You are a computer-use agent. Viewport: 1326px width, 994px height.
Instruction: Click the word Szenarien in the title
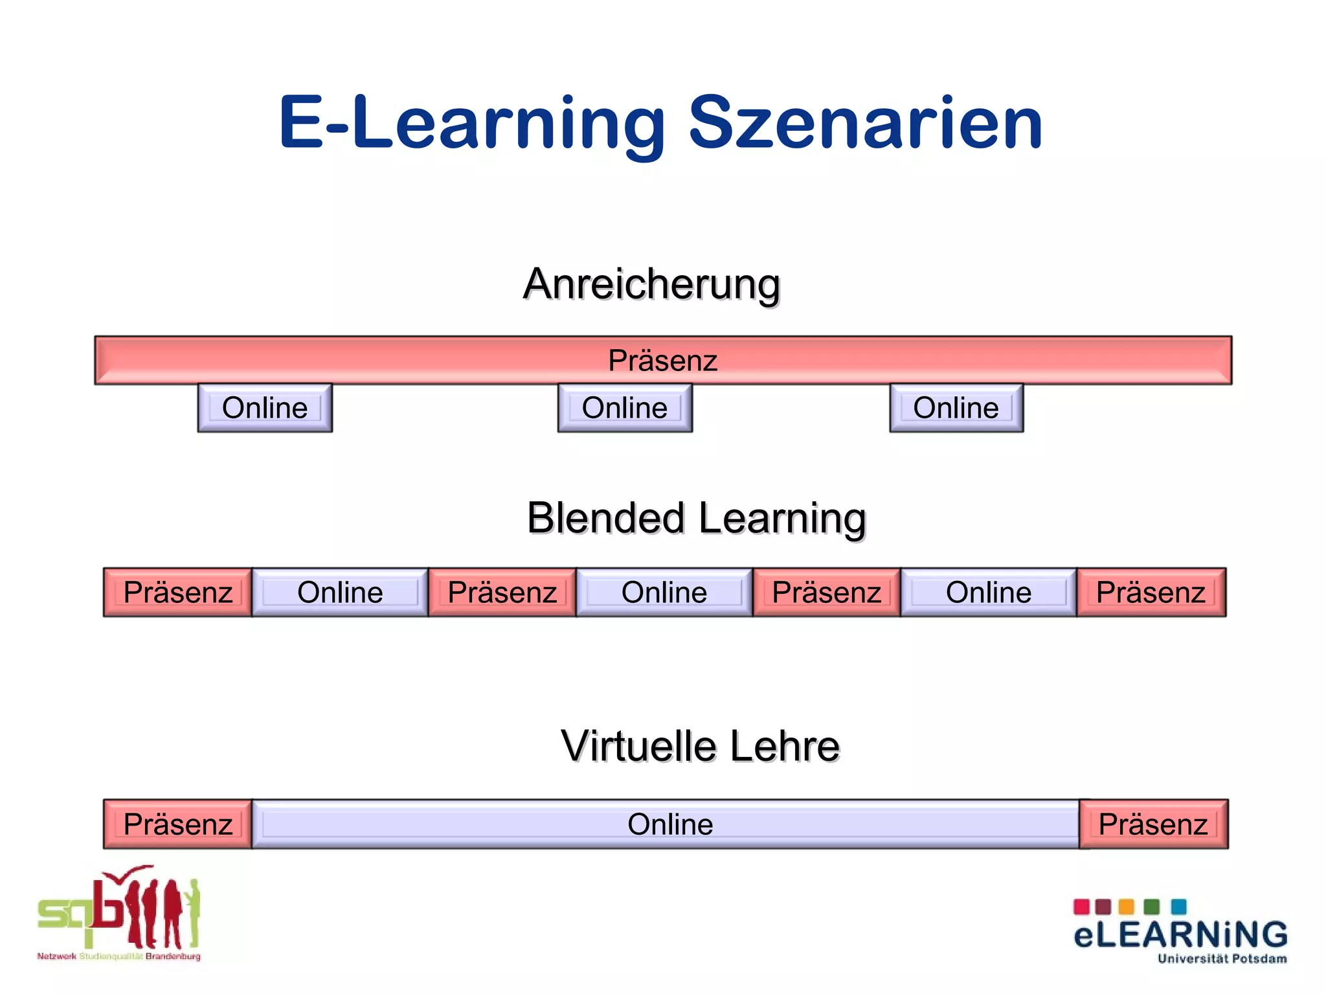tap(865, 123)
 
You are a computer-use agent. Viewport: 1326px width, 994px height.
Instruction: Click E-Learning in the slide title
tap(472, 123)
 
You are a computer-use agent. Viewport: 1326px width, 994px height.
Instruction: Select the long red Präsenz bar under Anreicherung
tap(663, 360)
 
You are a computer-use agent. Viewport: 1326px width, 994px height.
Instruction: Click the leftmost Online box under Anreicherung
tap(265, 408)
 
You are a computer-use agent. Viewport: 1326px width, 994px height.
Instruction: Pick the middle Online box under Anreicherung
tap(625, 408)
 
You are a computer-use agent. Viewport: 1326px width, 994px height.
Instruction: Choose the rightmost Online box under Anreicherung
tap(956, 408)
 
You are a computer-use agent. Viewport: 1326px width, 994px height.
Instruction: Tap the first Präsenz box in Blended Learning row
tap(178, 593)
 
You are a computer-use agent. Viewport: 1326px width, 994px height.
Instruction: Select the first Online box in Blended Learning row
tap(340, 593)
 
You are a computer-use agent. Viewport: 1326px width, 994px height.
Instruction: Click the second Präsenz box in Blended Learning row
tap(502, 593)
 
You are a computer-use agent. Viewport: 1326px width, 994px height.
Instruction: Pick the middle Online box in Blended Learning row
tap(664, 593)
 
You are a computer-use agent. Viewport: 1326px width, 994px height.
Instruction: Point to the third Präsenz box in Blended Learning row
tap(827, 593)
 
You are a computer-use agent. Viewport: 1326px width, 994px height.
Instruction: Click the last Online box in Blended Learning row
tap(989, 593)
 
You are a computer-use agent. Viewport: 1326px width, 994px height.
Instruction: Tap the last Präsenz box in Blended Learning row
tap(1151, 593)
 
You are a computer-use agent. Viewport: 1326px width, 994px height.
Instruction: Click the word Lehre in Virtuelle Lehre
tap(785, 746)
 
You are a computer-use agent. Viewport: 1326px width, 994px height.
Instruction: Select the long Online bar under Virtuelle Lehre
tap(670, 824)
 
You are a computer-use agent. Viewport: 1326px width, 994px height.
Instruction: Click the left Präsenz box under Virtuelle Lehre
tap(178, 824)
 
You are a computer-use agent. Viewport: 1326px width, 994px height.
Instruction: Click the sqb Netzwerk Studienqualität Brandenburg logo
tap(120, 913)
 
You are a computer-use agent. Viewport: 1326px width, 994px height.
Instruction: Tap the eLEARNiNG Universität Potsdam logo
tap(1180, 931)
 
